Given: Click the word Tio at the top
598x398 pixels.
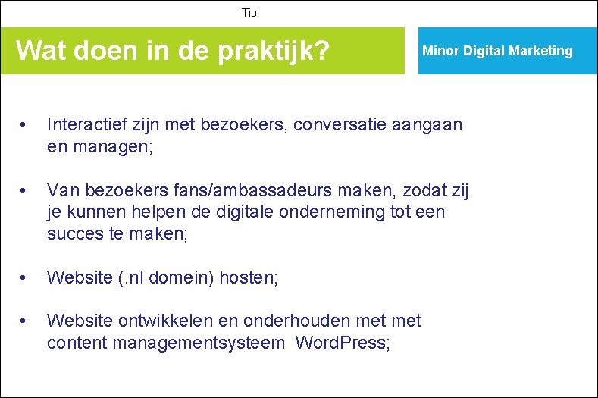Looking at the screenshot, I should (249, 13).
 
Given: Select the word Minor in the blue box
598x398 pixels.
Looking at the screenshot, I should (438, 51).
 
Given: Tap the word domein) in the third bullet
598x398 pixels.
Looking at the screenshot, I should (181, 278).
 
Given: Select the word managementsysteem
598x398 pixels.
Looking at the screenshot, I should (199, 342).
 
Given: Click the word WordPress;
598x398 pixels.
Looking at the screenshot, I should (343, 342).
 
